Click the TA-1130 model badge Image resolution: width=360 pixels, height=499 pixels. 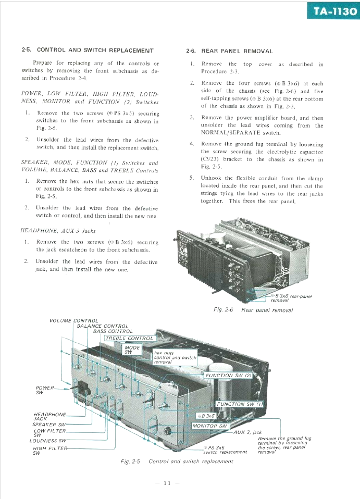[334, 11]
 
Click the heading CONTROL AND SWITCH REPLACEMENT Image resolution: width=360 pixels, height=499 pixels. [95, 51]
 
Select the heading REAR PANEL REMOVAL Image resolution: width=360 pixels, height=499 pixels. [237, 51]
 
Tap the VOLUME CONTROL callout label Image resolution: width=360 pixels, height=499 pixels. [74, 321]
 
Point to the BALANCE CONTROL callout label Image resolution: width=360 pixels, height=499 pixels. [103, 326]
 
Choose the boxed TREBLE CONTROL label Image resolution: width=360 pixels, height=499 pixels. [129, 338]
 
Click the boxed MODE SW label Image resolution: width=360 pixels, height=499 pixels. [132, 350]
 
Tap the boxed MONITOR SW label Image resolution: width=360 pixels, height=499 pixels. [209, 426]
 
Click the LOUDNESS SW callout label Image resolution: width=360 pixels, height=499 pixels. [48, 441]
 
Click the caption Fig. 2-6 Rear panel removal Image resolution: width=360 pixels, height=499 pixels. [253, 310]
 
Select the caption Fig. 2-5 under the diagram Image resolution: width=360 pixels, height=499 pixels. [130, 461]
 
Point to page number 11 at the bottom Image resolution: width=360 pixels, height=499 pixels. [167, 483]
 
